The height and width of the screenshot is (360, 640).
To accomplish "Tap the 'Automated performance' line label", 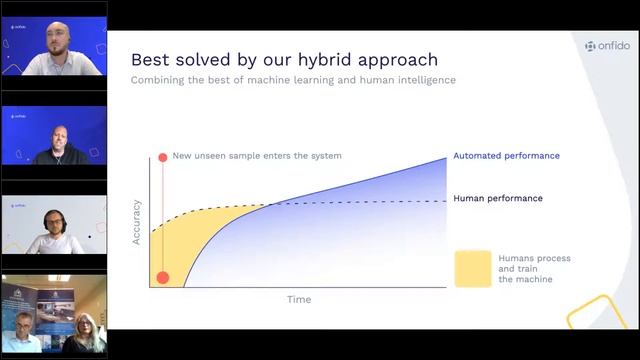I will [x=506, y=156].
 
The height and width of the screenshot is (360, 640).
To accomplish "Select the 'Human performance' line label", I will [x=498, y=198].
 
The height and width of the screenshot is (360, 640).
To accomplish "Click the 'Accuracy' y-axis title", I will [x=137, y=223].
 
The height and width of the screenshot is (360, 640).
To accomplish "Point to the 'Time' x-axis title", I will [x=299, y=299].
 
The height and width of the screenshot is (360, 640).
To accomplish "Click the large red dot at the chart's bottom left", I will [x=162, y=278].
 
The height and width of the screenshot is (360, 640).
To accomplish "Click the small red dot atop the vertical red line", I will [x=161, y=157].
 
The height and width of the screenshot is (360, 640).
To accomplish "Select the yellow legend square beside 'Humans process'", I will [x=472, y=268].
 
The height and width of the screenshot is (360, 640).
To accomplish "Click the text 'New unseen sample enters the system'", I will [x=257, y=156].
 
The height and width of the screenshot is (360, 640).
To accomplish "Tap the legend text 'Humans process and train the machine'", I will [x=534, y=268].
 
